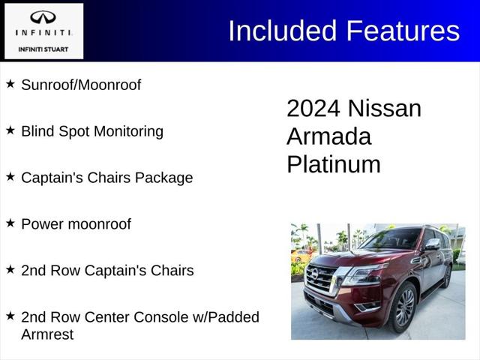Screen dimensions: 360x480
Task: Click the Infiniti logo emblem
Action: tap(43, 16)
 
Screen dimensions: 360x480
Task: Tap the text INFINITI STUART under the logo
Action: tap(43, 49)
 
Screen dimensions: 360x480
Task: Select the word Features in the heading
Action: tap(402, 31)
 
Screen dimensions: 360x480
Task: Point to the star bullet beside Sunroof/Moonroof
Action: tap(10, 84)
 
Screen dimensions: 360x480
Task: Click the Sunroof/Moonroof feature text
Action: tap(81, 85)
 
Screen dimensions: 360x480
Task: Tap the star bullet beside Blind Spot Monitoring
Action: tap(10, 130)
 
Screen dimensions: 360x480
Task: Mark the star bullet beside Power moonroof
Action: tap(10, 222)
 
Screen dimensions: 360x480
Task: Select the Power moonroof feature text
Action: tap(76, 224)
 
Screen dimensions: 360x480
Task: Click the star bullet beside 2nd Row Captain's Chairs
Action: tap(10, 268)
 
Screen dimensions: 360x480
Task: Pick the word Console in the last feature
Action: tap(156, 317)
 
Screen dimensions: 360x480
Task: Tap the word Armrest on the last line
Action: tap(47, 334)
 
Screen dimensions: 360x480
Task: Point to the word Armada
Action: tap(328, 136)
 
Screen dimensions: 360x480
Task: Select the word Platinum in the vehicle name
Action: tap(333, 164)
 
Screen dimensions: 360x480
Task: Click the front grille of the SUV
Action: tap(321, 279)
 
